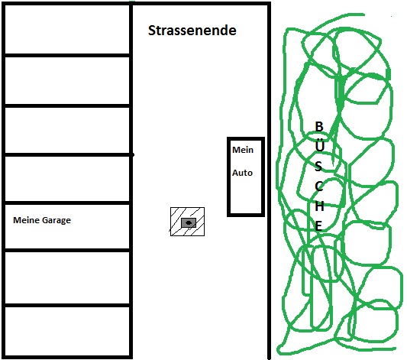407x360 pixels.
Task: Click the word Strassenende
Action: (x=192, y=31)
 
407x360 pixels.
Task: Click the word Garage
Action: (x=57, y=221)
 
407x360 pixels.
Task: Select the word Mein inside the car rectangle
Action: (x=243, y=150)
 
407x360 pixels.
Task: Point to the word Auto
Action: (x=242, y=173)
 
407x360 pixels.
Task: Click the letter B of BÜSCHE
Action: (x=319, y=126)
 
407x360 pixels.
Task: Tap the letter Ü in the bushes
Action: (x=319, y=145)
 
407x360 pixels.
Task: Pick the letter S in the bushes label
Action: (x=318, y=166)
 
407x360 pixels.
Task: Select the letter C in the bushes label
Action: (x=319, y=186)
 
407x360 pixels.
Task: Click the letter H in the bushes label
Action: (x=319, y=206)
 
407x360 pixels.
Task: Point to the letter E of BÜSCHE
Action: (x=318, y=225)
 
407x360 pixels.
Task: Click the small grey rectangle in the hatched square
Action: (x=189, y=222)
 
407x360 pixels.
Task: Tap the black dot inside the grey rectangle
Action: (x=189, y=222)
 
